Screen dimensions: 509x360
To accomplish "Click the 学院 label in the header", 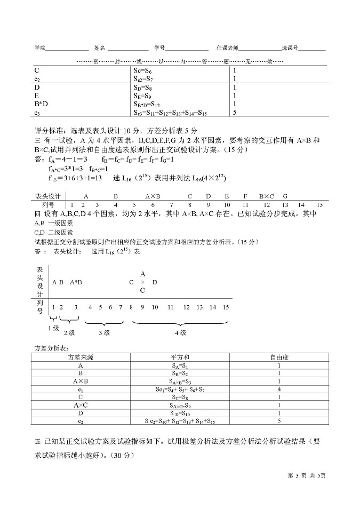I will click(39, 48).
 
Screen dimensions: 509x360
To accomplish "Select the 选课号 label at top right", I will click(290, 48).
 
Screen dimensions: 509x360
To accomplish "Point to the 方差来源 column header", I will click(81, 357).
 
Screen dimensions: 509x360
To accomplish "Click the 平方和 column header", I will click(180, 357).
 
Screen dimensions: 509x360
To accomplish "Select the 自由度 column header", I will click(279, 357).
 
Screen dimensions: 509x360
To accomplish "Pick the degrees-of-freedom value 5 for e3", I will click(235, 113).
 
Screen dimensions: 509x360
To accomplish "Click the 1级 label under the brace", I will click(53, 328).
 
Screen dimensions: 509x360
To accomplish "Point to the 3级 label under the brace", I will click(103, 332).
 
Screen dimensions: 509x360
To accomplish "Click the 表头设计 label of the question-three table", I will click(49, 196).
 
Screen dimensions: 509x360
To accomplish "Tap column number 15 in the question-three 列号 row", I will click(319, 204).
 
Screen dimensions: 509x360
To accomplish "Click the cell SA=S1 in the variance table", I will click(180, 366).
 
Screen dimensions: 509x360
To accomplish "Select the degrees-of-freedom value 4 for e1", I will click(279, 389).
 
